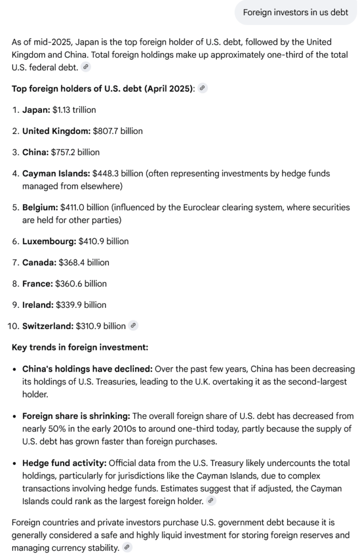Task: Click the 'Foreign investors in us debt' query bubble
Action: tap(295, 13)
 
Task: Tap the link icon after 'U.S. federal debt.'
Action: tap(86, 68)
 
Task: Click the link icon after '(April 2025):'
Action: tap(203, 88)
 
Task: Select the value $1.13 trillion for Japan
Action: tap(74, 110)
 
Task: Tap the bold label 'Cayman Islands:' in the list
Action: tap(56, 174)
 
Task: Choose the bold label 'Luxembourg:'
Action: tap(49, 241)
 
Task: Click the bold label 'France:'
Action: tap(38, 284)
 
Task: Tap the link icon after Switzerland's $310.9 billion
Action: tap(133, 326)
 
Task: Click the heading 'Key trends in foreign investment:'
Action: tap(80, 347)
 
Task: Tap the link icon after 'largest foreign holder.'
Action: tap(211, 500)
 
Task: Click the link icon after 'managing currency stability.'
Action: tap(127, 548)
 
